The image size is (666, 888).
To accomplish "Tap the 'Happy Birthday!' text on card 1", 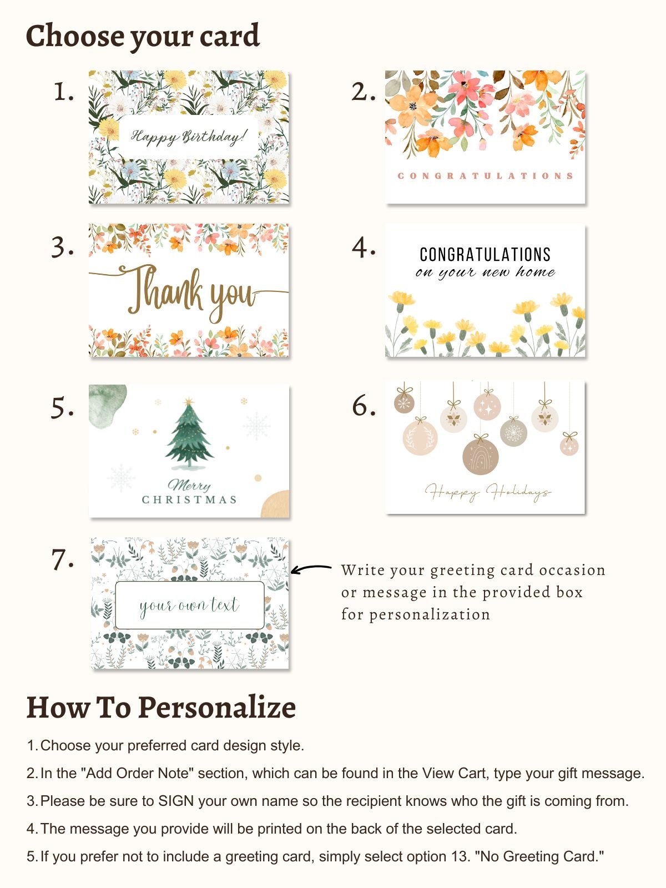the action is (x=188, y=137).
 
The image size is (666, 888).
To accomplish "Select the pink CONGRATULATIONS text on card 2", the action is (x=485, y=176).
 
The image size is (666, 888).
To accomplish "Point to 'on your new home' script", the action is (x=485, y=273).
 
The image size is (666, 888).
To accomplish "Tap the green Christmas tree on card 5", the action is (x=189, y=435).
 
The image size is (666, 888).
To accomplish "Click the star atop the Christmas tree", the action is (x=189, y=402).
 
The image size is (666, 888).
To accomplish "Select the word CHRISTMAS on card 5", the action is (x=189, y=500).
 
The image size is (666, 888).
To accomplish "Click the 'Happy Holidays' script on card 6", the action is (x=488, y=492).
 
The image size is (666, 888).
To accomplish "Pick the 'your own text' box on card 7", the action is (x=190, y=605).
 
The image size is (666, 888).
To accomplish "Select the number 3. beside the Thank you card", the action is (x=63, y=247).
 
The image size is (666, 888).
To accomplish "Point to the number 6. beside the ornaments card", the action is (x=364, y=406).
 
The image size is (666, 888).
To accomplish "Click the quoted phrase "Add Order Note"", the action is (x=137, y=773).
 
